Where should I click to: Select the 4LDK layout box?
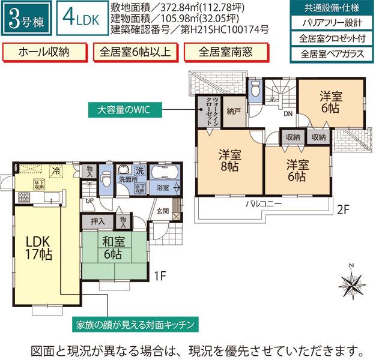[x=78, y=19]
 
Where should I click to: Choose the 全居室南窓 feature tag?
[x=226, y=51]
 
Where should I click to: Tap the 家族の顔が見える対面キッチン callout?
[x=135, y=325]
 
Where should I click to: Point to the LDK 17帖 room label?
[x=38, y=247]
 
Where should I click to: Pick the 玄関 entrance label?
[x=163, y=211]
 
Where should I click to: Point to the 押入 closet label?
[x=98, y=221]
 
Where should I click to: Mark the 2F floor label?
[x=343, y=210]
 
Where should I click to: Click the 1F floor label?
[x=159, y=276]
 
